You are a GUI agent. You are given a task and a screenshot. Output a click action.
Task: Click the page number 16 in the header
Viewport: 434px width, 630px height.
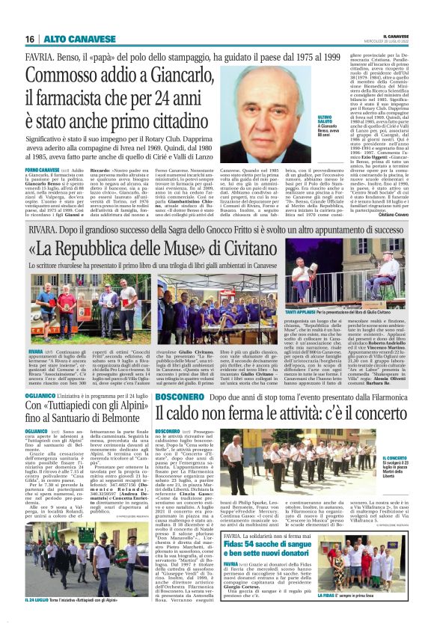(29, 39)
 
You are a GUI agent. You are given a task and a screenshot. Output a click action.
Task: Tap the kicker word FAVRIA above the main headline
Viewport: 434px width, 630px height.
(38, 57)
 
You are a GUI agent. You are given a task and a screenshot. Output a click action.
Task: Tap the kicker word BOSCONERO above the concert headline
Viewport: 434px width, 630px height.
(185, 394)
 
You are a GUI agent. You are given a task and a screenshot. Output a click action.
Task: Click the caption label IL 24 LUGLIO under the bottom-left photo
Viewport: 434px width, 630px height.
(40, 599)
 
